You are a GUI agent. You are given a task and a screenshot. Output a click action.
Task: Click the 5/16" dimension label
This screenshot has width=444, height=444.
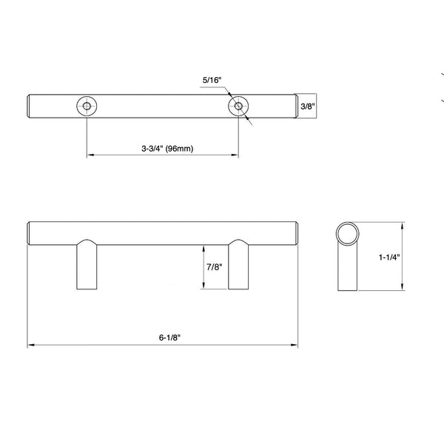point(212,80)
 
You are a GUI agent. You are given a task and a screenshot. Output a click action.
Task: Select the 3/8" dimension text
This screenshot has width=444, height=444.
point(308,107)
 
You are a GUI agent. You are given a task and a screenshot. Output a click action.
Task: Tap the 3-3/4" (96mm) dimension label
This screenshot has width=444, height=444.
point(167,149)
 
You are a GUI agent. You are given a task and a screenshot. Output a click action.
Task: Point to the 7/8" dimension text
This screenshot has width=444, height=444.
point(215,267)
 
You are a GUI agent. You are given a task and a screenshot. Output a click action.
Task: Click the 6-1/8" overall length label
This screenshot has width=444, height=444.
point(169,337)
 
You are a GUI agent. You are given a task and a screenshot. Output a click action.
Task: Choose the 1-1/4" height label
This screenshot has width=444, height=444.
point(389,257)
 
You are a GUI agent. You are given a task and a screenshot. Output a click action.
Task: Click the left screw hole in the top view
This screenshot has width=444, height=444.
point(87,107)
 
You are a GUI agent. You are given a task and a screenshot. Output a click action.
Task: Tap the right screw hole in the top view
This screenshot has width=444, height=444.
point(238,107)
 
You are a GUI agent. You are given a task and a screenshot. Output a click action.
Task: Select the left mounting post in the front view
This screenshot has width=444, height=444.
point(87,264)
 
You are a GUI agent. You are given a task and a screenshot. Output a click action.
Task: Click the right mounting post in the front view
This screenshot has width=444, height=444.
point(238,264)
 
